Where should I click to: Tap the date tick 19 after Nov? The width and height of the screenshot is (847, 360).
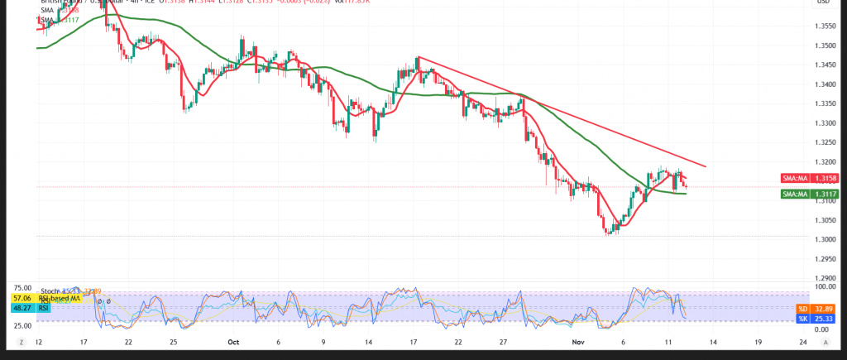coord(758,341)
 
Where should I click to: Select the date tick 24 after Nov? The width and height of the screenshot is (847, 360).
coord(803,341)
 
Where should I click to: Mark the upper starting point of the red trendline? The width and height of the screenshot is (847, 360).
coord(419,57)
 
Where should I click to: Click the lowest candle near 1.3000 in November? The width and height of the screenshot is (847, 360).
coord(608,233)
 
